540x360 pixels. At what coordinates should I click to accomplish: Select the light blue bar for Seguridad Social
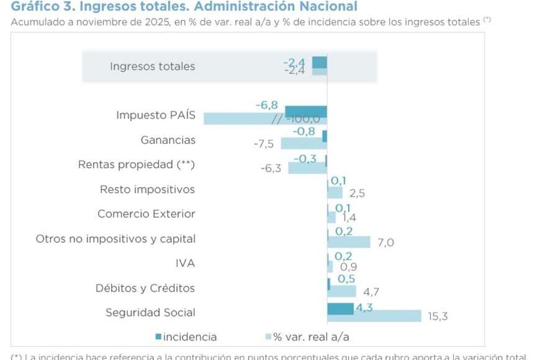click(374, 316)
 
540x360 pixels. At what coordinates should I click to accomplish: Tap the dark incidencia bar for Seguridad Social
click(340, 308)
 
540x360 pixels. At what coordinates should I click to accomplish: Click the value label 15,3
click(438, 317)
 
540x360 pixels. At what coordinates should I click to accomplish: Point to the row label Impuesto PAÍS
click(156, 115)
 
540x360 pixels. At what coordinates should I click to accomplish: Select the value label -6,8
click(266, 106)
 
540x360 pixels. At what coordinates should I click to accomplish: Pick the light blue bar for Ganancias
click(304, 143)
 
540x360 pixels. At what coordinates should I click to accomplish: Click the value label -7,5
click(264, 144)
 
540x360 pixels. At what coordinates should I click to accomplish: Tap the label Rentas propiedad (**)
click(137, 164)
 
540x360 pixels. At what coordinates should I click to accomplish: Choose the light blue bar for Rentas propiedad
click(307, 168)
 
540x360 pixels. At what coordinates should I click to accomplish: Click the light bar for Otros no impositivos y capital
click(349, 242)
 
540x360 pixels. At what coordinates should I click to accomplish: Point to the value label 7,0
click(385, 243)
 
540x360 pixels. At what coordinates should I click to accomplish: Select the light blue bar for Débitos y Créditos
click(342, 291)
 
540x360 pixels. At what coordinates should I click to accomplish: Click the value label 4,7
click(371, 292)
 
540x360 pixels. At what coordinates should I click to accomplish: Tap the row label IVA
click(185, 263)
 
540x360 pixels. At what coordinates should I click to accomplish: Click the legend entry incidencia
click(186, 337)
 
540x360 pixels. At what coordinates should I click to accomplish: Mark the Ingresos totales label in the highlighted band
click(152, 66)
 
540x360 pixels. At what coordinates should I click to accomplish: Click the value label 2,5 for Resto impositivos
click(357, 193)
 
